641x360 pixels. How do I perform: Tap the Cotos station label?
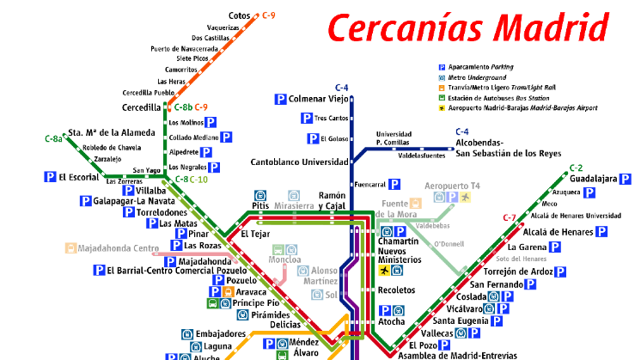click(239, 15)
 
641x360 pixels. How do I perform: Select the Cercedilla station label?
click(142, 108)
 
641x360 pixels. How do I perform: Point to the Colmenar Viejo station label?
click(318, 99)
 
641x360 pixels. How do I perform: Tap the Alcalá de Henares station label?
click(558, 232)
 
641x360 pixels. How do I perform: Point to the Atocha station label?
click(392, 322)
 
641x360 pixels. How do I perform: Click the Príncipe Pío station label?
click(255, 303)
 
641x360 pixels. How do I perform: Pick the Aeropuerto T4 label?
click(452, 186)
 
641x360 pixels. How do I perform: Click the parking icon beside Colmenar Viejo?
click(280, 99)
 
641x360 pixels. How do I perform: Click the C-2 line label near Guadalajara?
click(576, 168)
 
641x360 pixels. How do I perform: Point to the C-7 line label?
click(509, 217)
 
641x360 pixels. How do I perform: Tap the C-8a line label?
click(53, 138)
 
